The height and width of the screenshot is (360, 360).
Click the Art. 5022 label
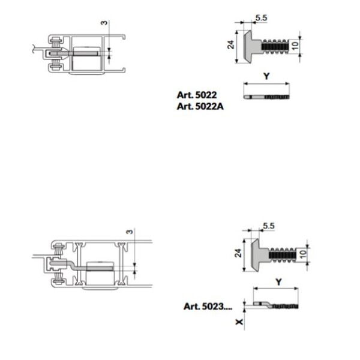[x=197, y=95]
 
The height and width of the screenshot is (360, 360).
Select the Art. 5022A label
[x=200, y=106]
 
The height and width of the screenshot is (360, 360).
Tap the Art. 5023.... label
[x=208, y=306]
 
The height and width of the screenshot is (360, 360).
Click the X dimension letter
[x=239, y=322]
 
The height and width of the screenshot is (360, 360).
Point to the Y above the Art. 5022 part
[x=266, y=76]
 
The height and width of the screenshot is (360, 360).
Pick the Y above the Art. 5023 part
[x=278, y=282]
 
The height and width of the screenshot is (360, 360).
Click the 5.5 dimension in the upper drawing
[x=261, y=17]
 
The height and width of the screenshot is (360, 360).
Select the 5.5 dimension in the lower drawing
[x=269, y=226]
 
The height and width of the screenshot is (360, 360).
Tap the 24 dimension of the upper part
[x=231, y=44]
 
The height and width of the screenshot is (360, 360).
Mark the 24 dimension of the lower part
[x=238, y=253]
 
